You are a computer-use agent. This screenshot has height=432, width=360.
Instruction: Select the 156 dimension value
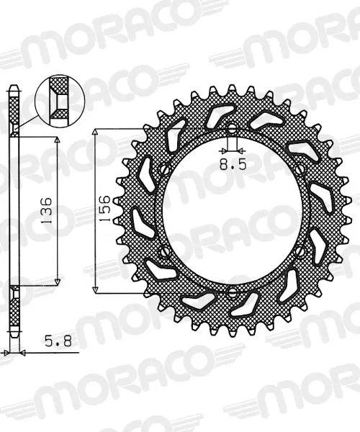click(x=105, y=209)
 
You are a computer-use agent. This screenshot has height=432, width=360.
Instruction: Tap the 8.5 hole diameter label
click(x=233, y=165)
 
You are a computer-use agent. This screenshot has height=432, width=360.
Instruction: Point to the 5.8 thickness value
click(x=58, y=341)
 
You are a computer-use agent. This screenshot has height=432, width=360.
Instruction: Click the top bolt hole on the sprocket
click(x=233, y=127)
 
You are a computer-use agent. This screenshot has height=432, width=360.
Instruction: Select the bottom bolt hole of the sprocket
click(x=233, y=294)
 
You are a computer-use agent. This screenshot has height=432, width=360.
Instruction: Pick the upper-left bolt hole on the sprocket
click(x=166, y=169)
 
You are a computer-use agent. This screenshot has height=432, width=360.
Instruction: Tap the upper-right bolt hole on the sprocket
click(x=300, y=168)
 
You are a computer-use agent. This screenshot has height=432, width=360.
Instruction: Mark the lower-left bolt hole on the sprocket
click(x=166, y=251)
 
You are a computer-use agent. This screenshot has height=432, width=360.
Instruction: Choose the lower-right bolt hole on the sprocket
click(x=300, y=251)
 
